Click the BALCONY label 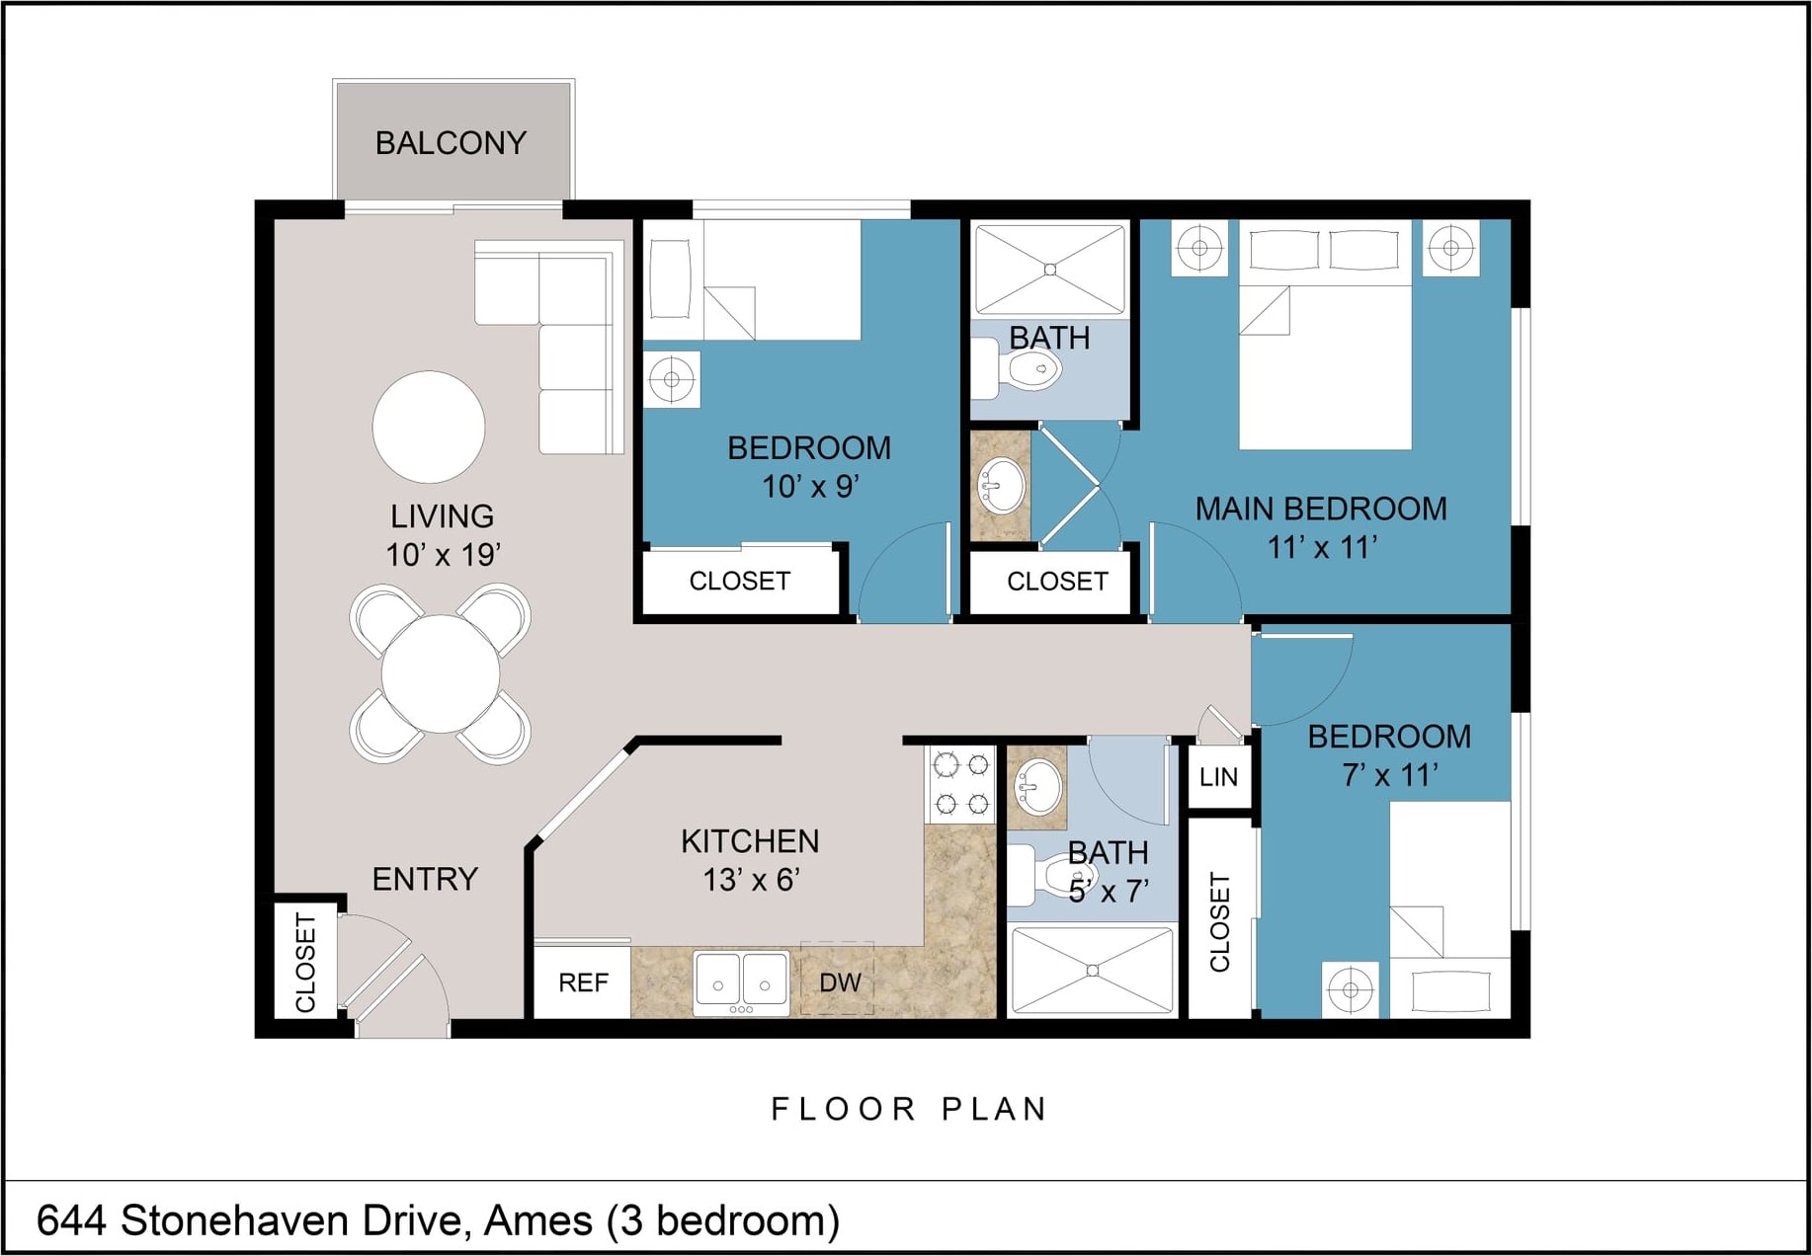[x=451, y=143]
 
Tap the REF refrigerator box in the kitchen [x=582, y=981]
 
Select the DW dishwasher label [x=840, y=982]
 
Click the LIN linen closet [x=1218, y=777]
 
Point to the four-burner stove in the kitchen [x=961, y=784]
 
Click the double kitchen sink [x=741, y=982]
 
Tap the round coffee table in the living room [x=429, y=427]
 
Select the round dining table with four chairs [x=441, y=674]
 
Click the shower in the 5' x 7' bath [x=1093, y=971]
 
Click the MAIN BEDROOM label [x=1321, y=509]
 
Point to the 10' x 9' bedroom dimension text [x=810, y=487]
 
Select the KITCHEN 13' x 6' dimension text [x=751, y=879]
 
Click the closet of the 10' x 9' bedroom [x=740, y=581]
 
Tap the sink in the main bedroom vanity [x=1001, y=486]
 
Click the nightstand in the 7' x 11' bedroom [x=1351, y=988]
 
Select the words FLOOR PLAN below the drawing [x=909, y=1109]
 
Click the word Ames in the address [x=537, y=1220]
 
